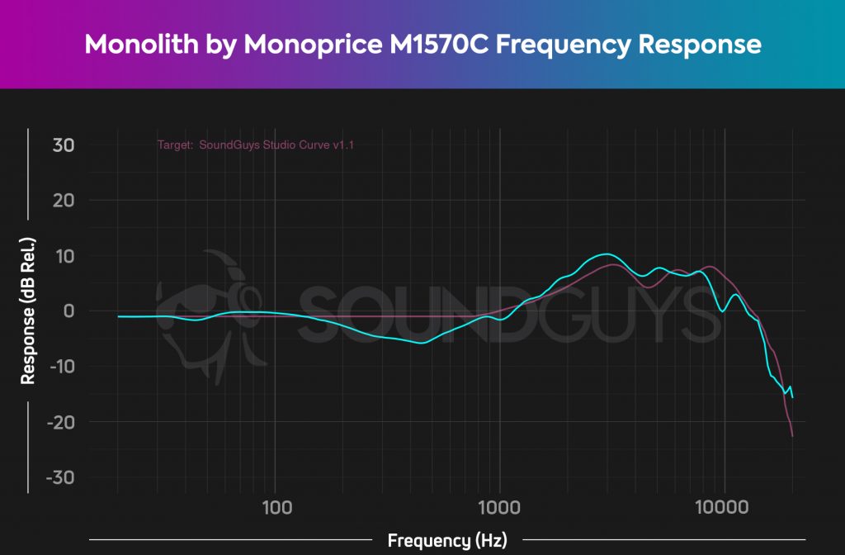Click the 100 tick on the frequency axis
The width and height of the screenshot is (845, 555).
(276, 506)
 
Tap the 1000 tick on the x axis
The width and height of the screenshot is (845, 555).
(498, 506)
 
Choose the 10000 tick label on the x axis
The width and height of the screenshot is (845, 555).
(724, 506)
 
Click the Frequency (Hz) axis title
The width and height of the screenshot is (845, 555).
(447, 541)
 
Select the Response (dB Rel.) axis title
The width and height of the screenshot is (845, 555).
(28, 311)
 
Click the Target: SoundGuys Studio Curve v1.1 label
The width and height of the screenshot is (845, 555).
(256, 145)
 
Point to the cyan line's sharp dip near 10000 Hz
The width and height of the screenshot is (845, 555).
(722, 311)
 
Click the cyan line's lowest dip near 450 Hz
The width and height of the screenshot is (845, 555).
(422, 343)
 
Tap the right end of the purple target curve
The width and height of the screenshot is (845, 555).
(792, 436)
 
